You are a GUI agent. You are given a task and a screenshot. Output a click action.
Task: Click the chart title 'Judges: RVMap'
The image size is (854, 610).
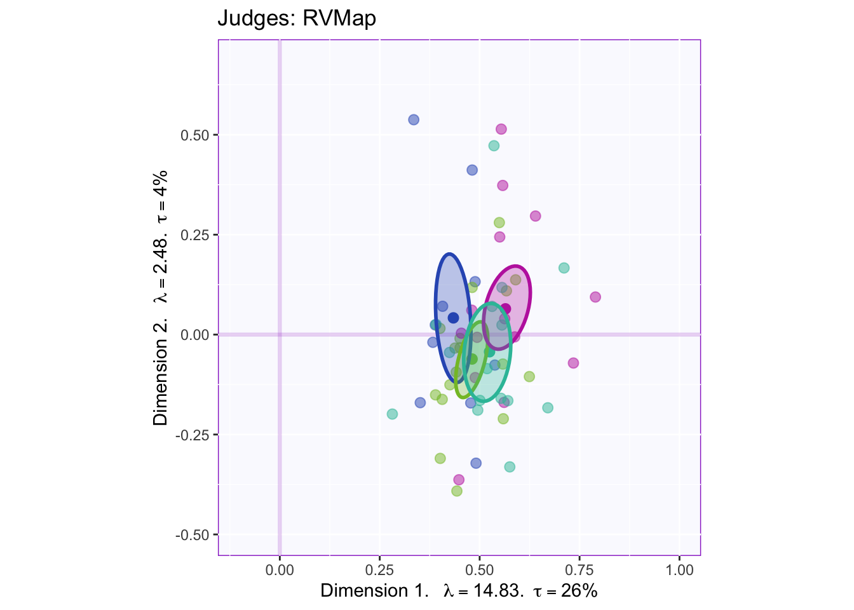coord(297,18)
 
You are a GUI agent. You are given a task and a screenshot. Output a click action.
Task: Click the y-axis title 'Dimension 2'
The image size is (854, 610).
coord(161,297)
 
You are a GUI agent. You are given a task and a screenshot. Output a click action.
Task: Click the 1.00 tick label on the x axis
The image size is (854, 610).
coord(680,570)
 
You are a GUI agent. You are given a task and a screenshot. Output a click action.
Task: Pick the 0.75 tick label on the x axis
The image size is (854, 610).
coord(579,570)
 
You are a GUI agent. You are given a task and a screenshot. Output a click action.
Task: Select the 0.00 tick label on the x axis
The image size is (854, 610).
coord(280,570)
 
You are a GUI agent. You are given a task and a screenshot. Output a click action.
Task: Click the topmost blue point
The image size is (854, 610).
coord(414,119)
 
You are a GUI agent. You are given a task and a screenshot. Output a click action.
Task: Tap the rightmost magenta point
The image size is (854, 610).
coord(595,297)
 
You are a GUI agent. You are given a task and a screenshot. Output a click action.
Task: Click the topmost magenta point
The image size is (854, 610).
coord(501,129)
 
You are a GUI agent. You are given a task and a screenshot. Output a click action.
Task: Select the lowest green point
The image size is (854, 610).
coord(457,491)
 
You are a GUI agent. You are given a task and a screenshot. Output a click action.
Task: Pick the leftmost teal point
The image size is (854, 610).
coord(392,414)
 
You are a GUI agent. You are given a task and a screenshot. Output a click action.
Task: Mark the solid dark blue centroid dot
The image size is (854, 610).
coord(453,318)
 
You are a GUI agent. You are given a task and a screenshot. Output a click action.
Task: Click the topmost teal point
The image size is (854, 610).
coord(494,146)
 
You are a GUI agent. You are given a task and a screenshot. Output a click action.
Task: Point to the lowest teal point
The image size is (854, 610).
coord(510,467)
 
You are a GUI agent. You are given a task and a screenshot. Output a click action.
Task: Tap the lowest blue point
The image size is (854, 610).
coord(476,463)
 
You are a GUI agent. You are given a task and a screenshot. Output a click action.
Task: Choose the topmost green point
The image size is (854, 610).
coord(499,222)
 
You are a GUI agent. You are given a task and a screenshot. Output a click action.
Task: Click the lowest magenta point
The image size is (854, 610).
coord(459,480)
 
